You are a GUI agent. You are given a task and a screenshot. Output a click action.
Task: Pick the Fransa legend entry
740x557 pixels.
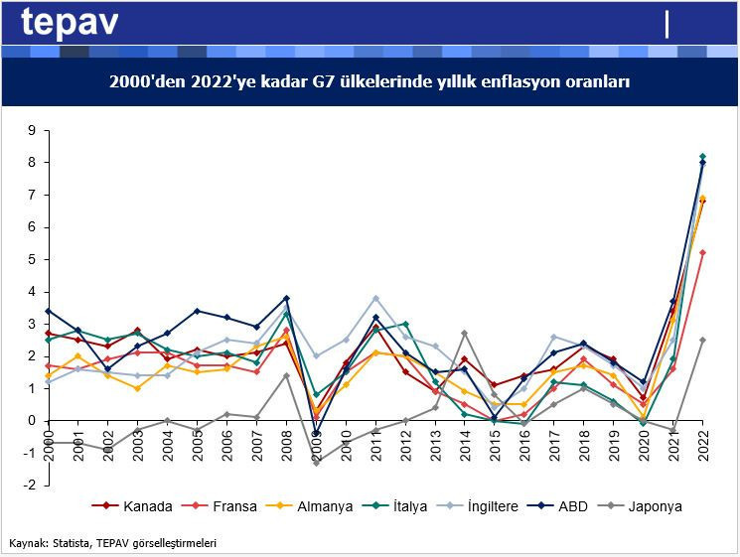pyautogui.click(x=234, y=506)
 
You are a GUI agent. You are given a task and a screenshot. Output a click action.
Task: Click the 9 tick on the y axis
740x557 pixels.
pyautogui.click(x=31, y=130)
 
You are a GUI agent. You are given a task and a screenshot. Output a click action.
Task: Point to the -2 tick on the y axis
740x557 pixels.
pyautogui.click(x=29, y=486)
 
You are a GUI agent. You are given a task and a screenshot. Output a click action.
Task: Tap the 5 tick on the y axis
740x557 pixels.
pyautogui.click(x=31, y=259)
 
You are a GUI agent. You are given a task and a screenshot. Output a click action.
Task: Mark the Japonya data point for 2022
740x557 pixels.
pyautogui.click(x=703, y=340)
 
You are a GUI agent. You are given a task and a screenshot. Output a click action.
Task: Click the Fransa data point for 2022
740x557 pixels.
pyautogui.click(x=703, y=252)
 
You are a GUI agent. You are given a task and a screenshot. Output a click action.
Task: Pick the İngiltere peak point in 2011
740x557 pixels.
pyautogui.click(x=376, y=298)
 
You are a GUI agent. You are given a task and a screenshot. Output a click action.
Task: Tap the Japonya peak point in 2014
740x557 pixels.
pyautogui.click(x=465, y=334)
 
